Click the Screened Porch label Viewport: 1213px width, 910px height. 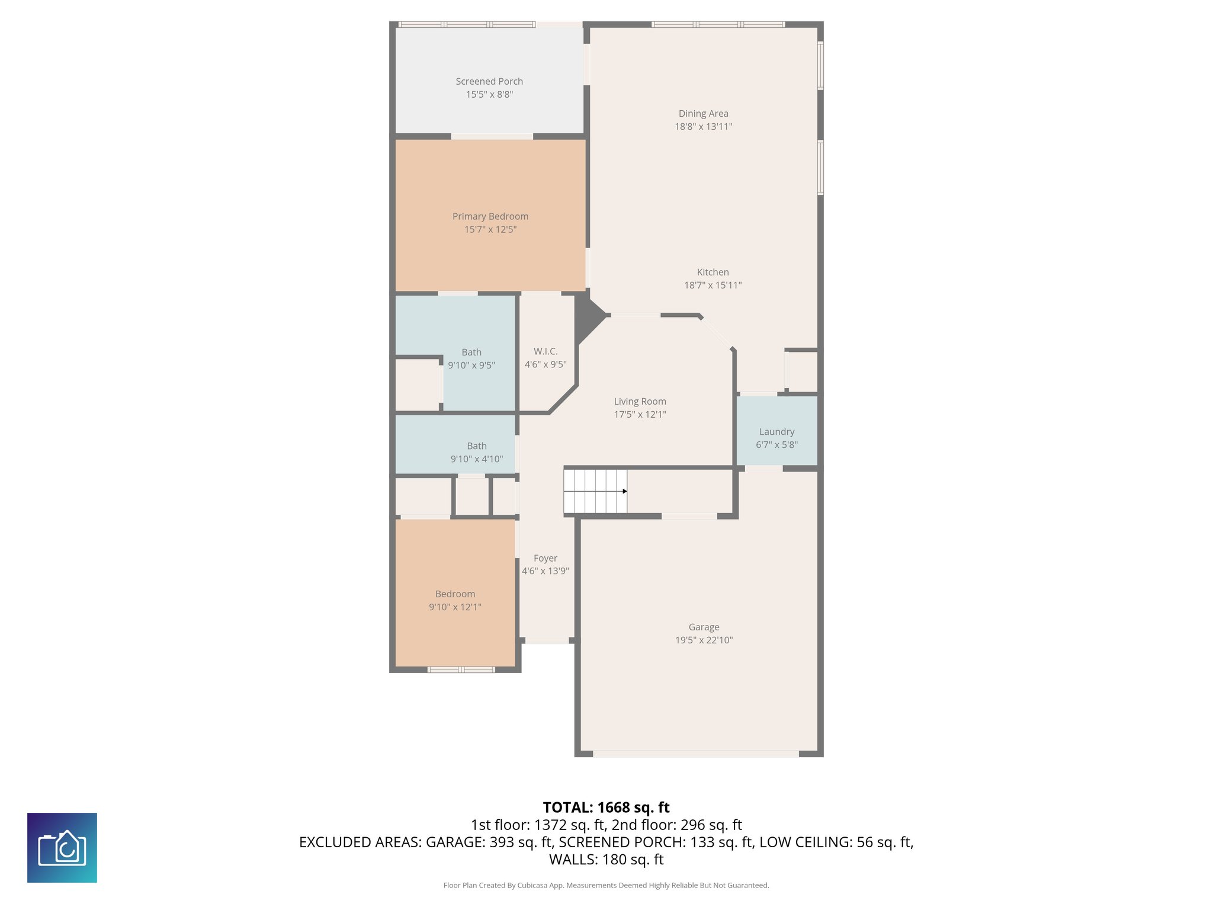(489, 81)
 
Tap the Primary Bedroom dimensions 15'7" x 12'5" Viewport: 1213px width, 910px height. (490, 229)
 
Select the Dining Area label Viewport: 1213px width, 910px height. (703, 113)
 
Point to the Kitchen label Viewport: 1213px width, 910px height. (713, 272)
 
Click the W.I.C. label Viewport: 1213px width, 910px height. (545, 351)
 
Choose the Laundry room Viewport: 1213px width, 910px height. (776, 431)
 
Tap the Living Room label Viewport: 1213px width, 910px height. (640, 401)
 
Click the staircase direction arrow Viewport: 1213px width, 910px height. (624, 491)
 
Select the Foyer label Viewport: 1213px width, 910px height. (545, 558)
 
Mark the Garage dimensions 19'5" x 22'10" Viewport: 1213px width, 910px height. (704, 640)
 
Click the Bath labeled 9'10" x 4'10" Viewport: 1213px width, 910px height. (476, 452)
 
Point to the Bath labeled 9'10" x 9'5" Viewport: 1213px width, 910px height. (471, 358)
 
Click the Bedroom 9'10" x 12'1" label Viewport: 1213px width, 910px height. (455, 594)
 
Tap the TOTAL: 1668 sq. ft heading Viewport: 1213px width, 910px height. (606, 808)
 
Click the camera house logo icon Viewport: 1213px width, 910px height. (62, 848)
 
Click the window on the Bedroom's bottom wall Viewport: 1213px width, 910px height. (461, 669)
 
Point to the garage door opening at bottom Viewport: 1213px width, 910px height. (696, 754)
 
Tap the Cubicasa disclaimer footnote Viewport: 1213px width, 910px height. (606, 885)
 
